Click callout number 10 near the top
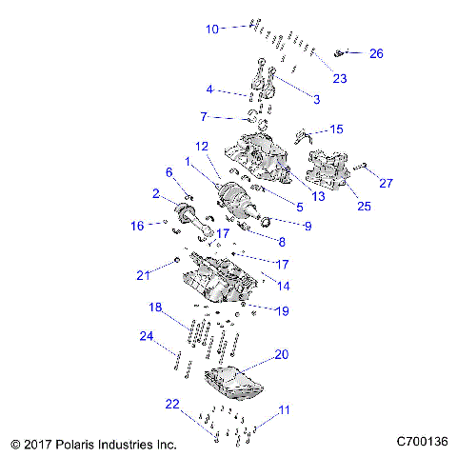click(x=212, y=30)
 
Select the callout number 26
click(x=376, y=54)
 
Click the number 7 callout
click(x=203, y=116)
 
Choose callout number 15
click(x=335, y=129)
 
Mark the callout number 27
click(x=386, y=184)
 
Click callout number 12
click(x=202, y=147)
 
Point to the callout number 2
click(x=154, y=193)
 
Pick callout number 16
click(x=137, y=226)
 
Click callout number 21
click(x=143, y=276)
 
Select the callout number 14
click(x=283, y=284)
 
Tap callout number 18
click(x=154, y=307)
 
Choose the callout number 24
click(x=146, y=335)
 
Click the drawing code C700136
click(x=422, y=443)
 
